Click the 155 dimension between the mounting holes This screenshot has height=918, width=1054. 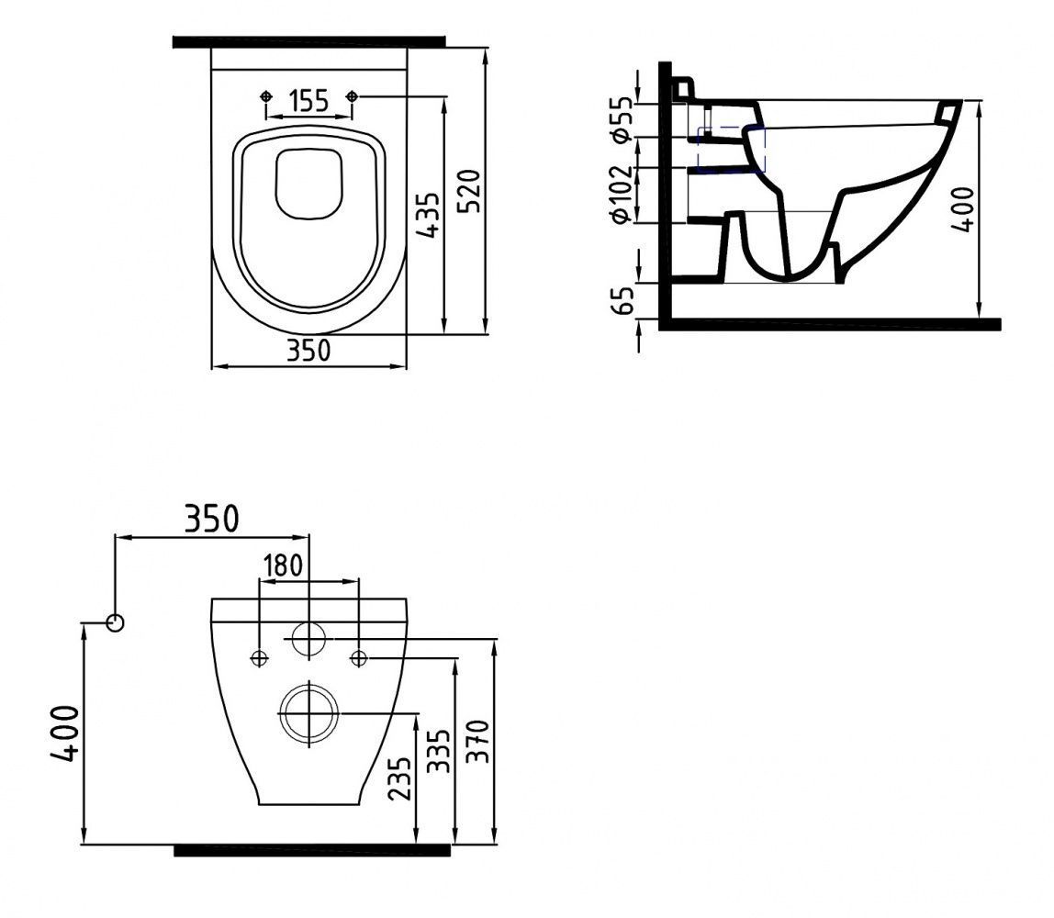coord(308,100)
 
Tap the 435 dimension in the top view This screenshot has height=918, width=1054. coord(428,217)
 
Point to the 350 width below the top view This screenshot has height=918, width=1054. coord(308,351)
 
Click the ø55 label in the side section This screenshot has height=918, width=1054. coord(622,119)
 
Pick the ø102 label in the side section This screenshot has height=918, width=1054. coord(622,194)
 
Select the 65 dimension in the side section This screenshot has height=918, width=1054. coord(622,300)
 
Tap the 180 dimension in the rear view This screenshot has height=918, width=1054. coord(283,565)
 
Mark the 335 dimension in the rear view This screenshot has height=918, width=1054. coord(440,752)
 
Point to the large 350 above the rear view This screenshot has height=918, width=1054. coord(211,519)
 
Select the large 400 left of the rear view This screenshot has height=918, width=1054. coord(64,732)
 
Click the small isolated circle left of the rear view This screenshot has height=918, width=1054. coord(115,622)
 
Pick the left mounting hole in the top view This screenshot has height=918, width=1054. coord(266,96)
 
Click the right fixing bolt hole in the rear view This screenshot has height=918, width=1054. coord(359,656)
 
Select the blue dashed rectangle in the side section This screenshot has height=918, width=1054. coord(731,150)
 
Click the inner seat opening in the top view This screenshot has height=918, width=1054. coord(309,184)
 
